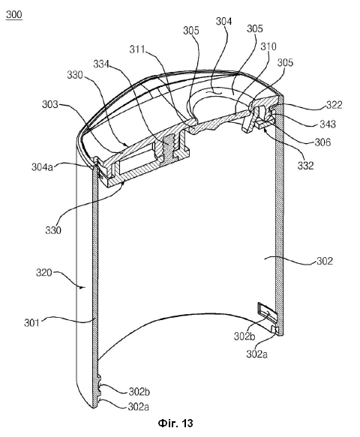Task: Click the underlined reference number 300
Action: pyautogui.click(x=14, y=14)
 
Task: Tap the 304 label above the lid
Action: pyautogui.click(x=224, y=21)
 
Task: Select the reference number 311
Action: pyautogui.click(x=137, y=49)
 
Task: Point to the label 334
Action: pyautogui.click(x=101, y=64)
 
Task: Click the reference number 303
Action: pyautogui.click(x=50, y=105)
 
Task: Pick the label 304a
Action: pyautogui.click(x=42, y=167)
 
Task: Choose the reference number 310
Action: pyautogui.click(x=268, y=46)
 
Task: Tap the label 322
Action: pyautogui.click(x=334, y=105)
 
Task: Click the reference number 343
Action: pyautogui.click(x=328, y=124)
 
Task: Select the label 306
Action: pyautogui.click(x=322, y=142)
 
